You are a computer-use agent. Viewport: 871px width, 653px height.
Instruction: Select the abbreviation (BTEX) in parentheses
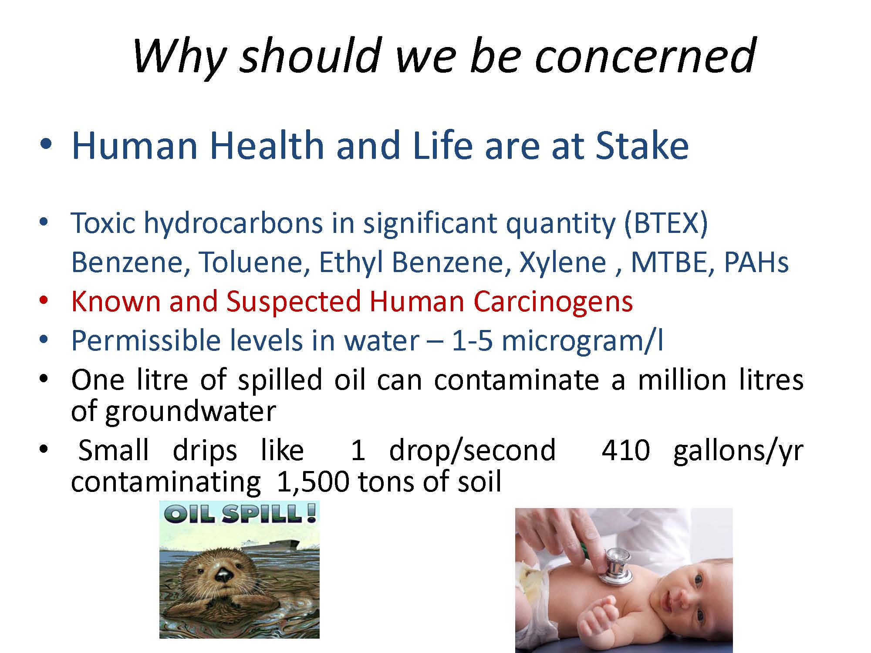[666, 223]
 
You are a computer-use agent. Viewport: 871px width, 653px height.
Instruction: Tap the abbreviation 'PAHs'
[756, 262]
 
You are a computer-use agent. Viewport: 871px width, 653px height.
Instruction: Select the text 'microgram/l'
[583, 340]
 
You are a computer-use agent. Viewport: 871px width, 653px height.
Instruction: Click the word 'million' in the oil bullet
[682, 380]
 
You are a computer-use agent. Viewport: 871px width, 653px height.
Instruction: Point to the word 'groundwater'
[190, 411]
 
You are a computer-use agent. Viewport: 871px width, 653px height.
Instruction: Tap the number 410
[625, 450]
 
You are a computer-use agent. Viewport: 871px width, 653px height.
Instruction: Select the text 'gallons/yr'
[738, 451]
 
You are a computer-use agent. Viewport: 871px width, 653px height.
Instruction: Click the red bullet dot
[43, 301]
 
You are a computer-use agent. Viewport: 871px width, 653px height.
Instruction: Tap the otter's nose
[224, 576]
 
